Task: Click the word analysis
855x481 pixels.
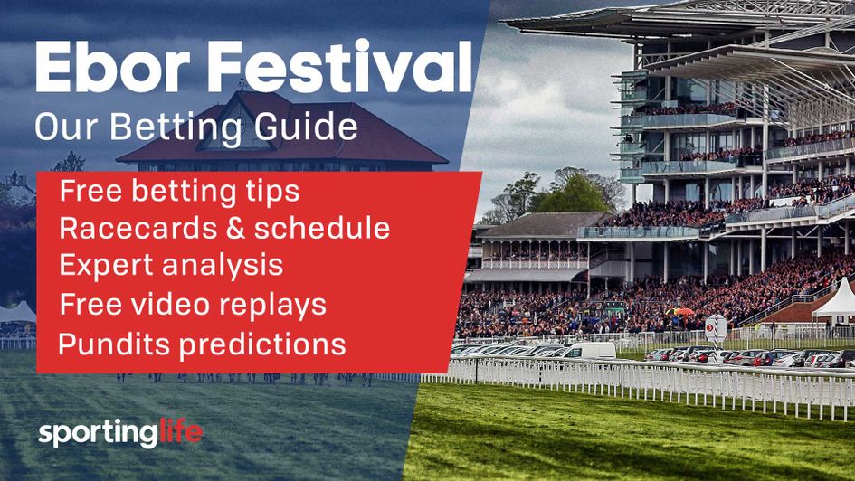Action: click(x=221, y=267)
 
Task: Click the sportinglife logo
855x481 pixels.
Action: click(x=121, y=432)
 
